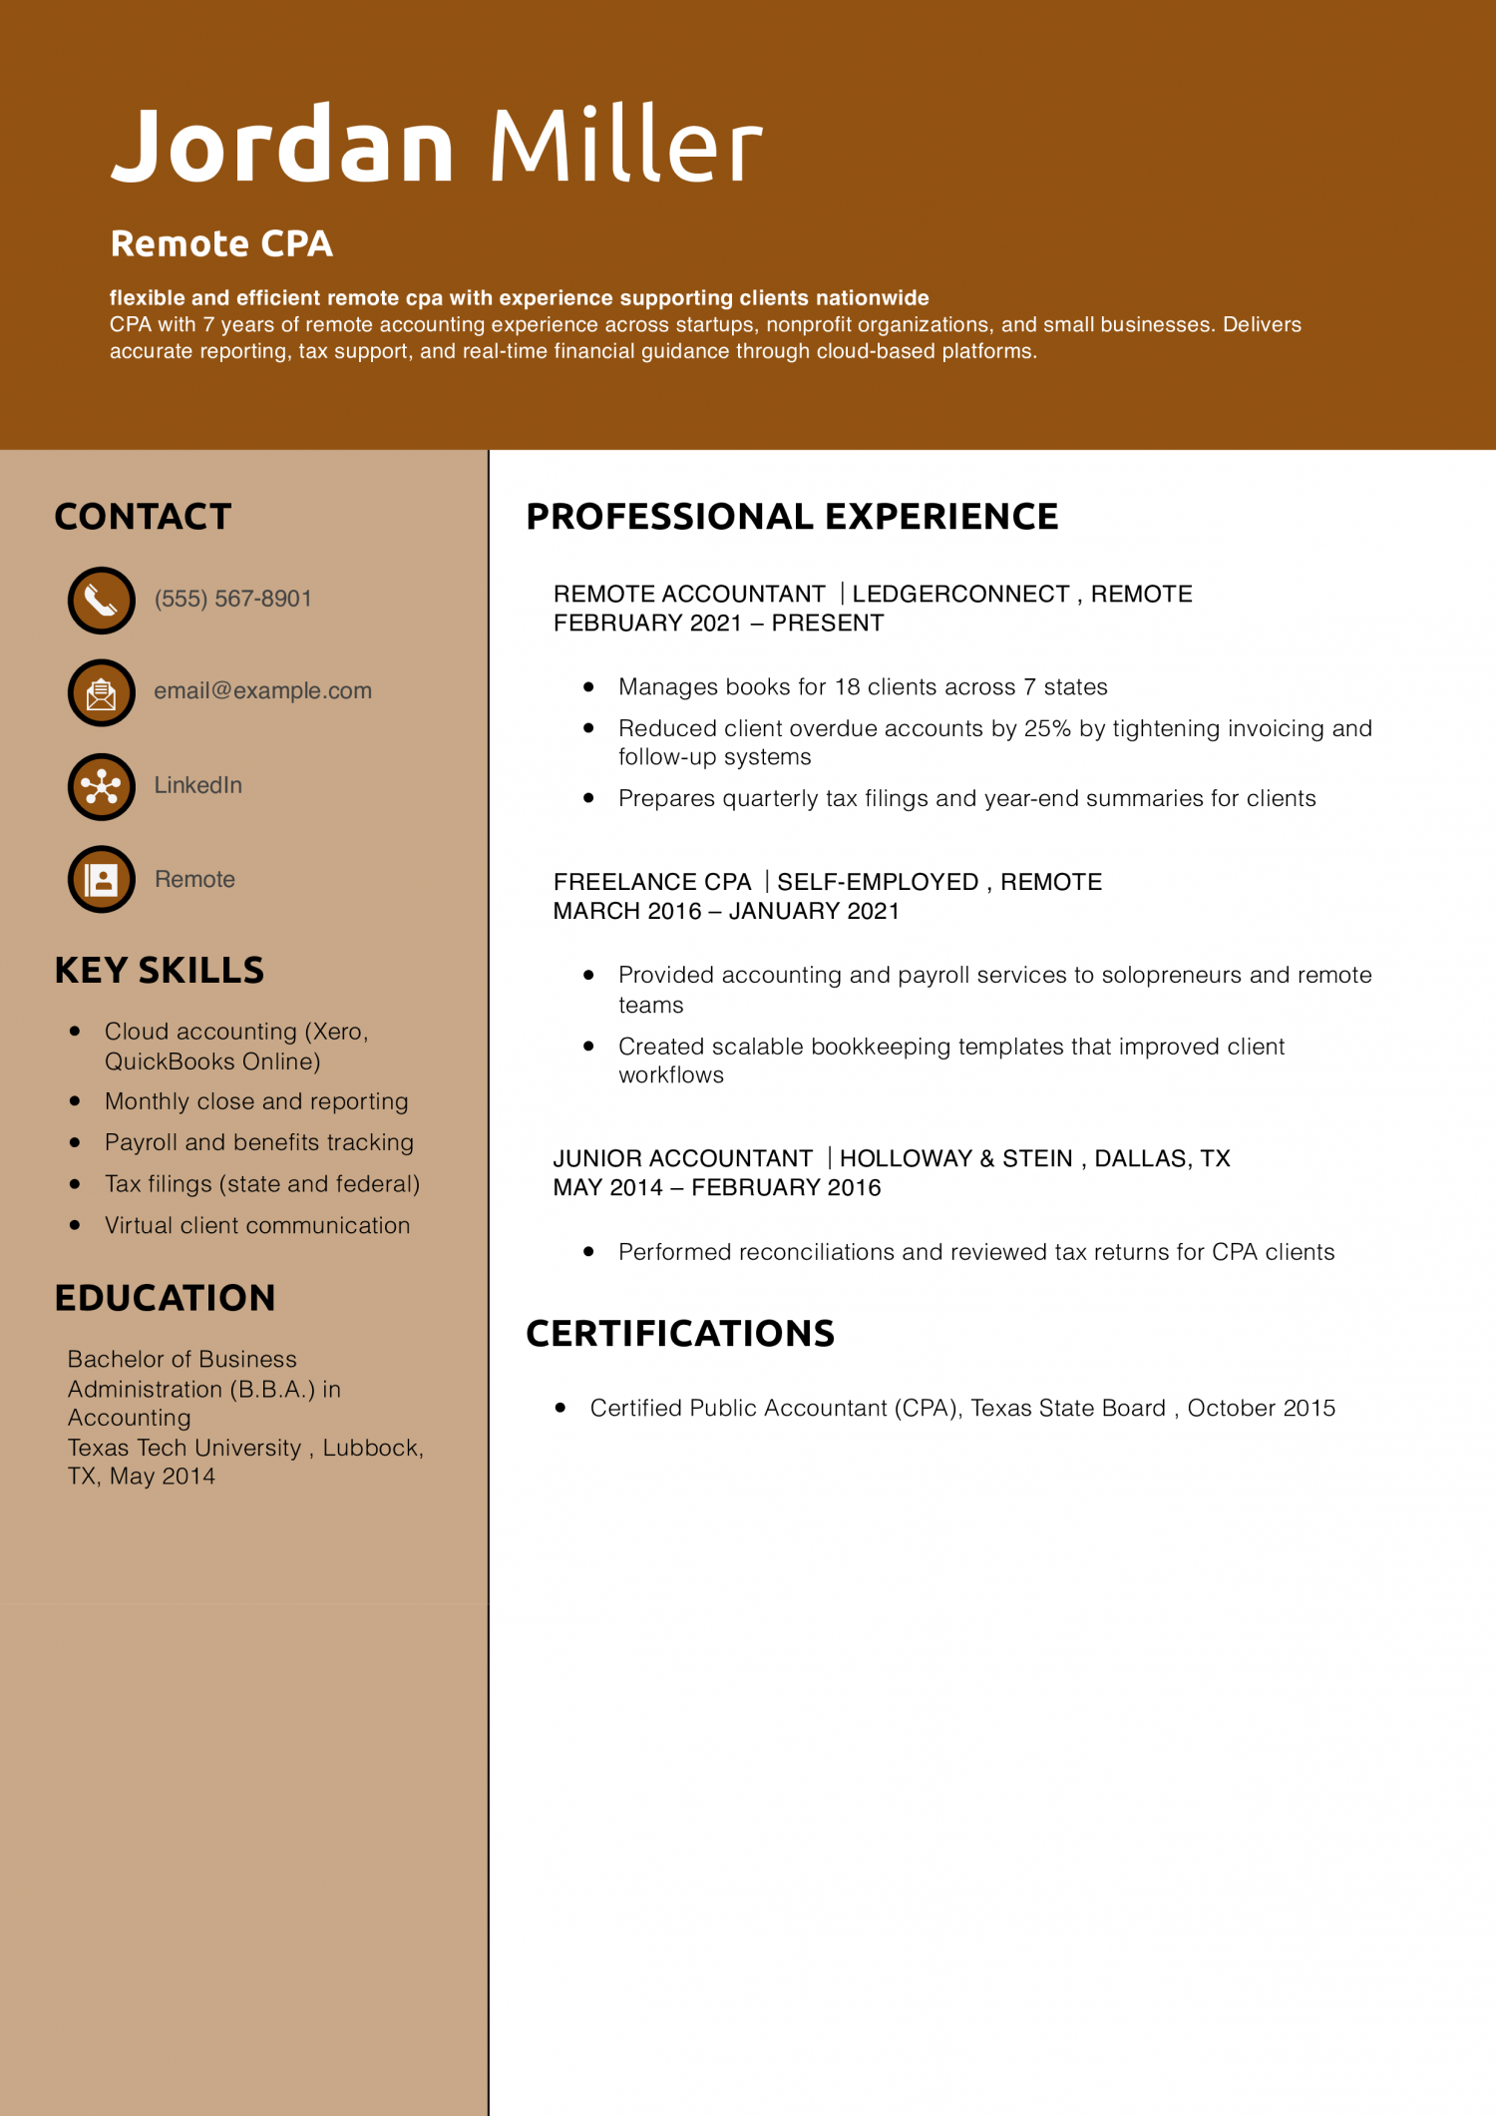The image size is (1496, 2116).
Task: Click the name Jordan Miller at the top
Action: point(436,145)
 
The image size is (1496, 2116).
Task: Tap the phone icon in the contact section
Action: point(101,600)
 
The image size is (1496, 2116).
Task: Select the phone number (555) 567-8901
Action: point(232,599)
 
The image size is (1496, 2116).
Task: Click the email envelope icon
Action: point(101,692)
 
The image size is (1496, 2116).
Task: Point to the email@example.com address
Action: point(262,690)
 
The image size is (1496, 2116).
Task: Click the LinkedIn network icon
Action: point(101,786)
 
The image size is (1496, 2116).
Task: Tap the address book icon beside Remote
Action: point(101,879)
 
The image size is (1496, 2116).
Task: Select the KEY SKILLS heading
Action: point(160,970)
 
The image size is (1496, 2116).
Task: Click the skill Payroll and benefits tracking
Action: point(258,1142)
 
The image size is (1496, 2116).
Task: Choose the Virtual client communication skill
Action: point(257,1225)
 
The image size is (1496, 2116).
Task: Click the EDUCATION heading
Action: point(165,1298)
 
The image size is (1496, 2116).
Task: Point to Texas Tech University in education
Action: point(185,1448)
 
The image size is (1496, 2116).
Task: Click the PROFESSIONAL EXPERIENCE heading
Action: point(792,517)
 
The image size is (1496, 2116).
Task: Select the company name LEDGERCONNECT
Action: point(960,594)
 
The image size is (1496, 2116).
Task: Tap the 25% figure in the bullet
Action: point(1047,728)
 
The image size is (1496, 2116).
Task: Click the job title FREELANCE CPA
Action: point(652,882)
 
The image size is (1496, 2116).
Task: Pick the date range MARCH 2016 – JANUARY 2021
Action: point(726,911)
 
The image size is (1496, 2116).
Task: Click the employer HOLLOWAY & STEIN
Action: point(955,1158)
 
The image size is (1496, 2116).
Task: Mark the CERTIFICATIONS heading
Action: point(680,1334)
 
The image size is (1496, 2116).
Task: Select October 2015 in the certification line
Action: point(1261,1408)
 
